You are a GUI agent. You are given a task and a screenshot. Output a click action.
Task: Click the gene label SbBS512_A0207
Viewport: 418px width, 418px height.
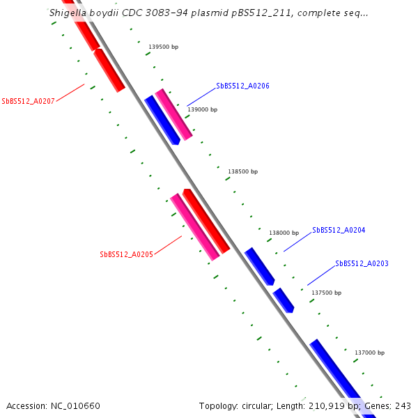[28, 101]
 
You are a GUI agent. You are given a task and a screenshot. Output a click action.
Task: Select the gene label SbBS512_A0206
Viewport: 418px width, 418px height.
[242, 86]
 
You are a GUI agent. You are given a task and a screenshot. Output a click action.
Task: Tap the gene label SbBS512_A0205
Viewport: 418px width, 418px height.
[126, 254]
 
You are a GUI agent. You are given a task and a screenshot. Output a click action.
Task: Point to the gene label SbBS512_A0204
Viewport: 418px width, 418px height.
[339, 230]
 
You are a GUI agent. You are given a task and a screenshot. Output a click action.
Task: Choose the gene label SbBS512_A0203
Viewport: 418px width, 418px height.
[362, 263]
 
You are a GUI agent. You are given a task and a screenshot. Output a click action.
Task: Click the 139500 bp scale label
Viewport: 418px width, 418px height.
[164, 47]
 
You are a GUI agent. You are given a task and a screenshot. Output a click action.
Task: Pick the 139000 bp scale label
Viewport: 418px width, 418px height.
[203, 109]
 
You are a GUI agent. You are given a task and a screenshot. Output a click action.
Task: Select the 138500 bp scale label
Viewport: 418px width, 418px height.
[243, 171]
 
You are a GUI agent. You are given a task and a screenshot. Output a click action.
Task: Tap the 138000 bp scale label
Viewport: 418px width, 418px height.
[284, 233]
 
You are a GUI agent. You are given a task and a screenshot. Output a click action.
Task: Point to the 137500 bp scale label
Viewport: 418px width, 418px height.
[326, 293]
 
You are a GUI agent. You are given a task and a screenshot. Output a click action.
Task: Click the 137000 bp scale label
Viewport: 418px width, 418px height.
[369, 353]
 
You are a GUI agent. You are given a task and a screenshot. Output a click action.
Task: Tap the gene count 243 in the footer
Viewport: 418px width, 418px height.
[403, 405]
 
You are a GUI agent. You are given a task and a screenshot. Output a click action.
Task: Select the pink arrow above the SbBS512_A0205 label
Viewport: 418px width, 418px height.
[195, 227]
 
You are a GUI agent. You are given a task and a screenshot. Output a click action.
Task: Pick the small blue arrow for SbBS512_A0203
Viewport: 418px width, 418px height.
[284, 300]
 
